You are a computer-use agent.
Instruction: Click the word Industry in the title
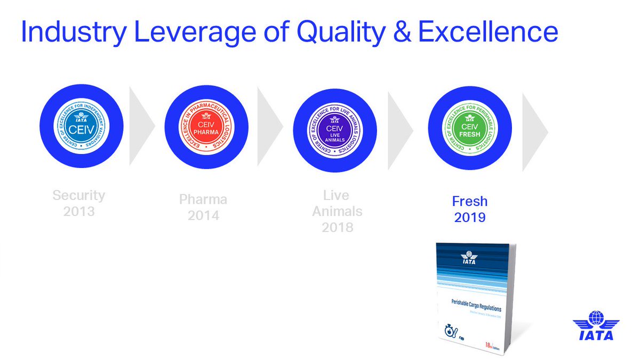pyautogui.click(x=73, y=33)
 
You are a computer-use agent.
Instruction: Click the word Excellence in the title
pyautogui.click(x=488, y=33)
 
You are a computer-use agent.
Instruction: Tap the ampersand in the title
pyautogui.click(x=403, y=33)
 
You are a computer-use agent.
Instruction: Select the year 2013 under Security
pyautogui.click(x=79, y=211)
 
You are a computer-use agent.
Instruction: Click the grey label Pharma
pyautogui.click(x=203, y=199)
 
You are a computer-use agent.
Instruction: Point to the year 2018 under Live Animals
pyautogui.click(x=337, y=227)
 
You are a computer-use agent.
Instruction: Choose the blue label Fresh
pyautogui.click(x=470, y=202)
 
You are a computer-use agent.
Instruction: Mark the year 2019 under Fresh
pyautogui.click(x=470, y=218)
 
